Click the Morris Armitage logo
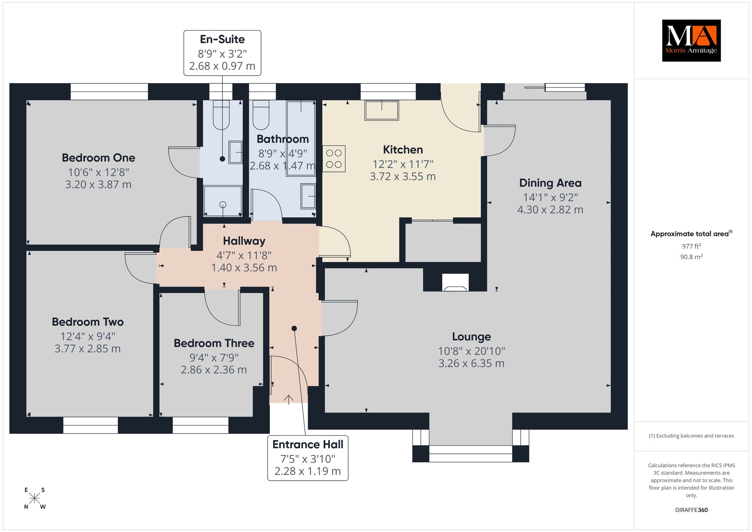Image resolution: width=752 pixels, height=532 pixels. pyautogui.click(x=691, y=40)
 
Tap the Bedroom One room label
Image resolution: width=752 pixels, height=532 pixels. pyautogui.click(x=98, y=158)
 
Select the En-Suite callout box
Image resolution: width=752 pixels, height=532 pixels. pyautogui.click(x=222, y=53)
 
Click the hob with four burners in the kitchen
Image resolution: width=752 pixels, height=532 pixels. pyautogui.click(x=334, y=159)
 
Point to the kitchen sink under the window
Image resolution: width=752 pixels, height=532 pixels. pyautogui.click(x=382, y=110)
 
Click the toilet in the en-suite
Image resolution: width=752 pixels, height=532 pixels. pyautogui.click(x=221, y=115)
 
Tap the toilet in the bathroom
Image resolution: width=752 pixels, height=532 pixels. pyautogui.click(x=261, y=115)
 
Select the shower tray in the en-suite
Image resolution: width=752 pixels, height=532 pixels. pyautogui.click(x=223, y=201)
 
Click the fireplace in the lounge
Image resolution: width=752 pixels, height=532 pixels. pyautogui.click(x=455, y=283)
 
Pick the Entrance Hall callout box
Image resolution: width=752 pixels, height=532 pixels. pyautogui.click(x=308, y=458)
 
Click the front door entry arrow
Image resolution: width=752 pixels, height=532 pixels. pyautogui.click(x=289, y=399)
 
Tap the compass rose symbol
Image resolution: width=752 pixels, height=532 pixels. pyautogui.click(x=35, y=499)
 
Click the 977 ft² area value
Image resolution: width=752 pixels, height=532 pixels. pyautogui.click(x=691, y=246)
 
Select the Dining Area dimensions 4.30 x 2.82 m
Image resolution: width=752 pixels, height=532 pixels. pyautogui.click(x=550, y=210)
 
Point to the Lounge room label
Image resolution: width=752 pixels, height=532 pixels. pyautogui.click(x=471, y=337)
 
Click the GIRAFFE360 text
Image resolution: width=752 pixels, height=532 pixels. pyautogui.click(x=691, y=510)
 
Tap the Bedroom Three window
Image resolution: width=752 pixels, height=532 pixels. pyautogui.click(x=200, y=425)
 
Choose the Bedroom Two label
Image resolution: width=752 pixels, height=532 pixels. pyautogui.click(x=88, y=322)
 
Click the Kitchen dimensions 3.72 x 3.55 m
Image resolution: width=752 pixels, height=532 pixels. pyautogui.click(x=403, y=177)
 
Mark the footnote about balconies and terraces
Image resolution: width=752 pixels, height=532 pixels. pyautogui.click(x=691, y=436)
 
